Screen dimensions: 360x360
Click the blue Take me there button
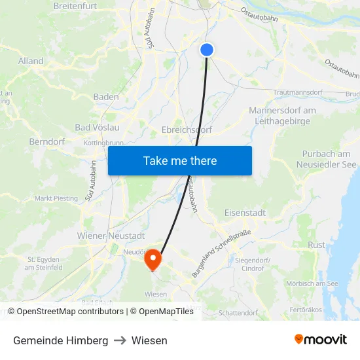180,160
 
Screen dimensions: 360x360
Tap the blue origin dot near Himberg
207,50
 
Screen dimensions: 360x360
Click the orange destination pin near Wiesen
153,259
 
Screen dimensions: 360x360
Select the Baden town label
106,97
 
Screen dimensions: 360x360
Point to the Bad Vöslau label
97,127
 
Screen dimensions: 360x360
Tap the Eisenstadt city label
245,213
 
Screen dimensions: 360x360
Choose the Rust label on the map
317,245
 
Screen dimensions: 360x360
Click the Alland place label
31,62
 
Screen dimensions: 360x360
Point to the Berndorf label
45,141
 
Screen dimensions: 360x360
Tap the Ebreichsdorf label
187,130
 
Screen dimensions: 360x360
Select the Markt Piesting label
56,198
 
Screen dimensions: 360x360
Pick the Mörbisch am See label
312,283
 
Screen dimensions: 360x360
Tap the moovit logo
321,340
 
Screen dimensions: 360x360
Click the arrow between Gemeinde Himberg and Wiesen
120,340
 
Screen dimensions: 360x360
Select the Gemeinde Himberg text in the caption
61,340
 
